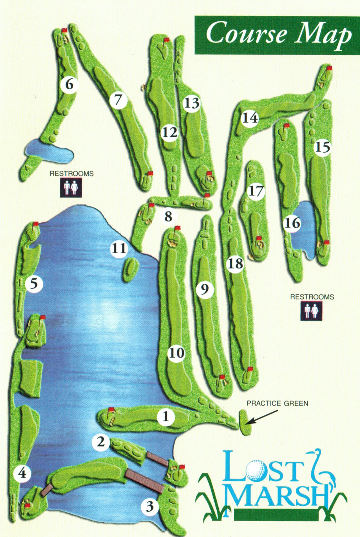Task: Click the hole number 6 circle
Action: [x=69, y=84]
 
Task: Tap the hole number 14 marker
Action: [x=250, y=118]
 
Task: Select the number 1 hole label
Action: [x=166, y=417]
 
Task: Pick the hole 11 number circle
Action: [x=119, y=249]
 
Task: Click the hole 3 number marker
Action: [x=150, y=506]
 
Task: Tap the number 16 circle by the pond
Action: [x=292, y=223]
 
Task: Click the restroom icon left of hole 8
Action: [x=71, y=188]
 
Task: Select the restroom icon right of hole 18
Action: [x=311, y=311]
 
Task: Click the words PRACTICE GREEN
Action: [x=277, y=403]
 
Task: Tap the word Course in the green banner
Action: [x=247, y=33]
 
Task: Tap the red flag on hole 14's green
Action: [x=329, y=68]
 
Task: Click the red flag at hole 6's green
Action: [x=64, y=30]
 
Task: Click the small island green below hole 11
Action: [x=131, y=270]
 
